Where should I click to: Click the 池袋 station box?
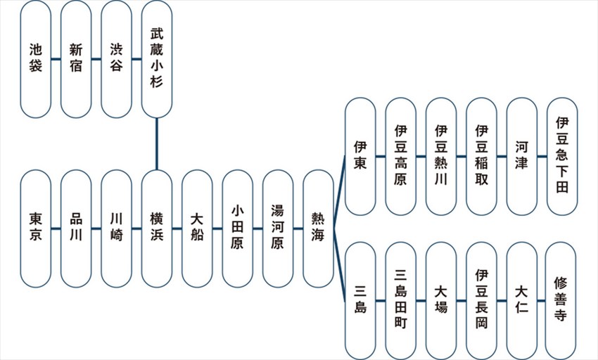tap(36, 59)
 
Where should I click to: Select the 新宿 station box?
tap(76, 59)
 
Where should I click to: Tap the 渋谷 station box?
tap(116, 59)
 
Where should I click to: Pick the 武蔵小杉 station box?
tap(156, 59)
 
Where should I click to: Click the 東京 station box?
tap(36, 228)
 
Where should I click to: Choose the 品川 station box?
tap(76, 228)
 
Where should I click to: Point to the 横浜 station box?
tap(156, 228)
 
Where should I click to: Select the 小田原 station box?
tap(237, 228)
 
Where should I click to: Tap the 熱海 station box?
tap(318, 228)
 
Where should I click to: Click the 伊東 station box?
tap(361, 156)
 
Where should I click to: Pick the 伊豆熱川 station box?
tap(441, 156)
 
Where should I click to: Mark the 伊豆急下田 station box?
tap(562, 156)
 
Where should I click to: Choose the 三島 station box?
tap(361, 300)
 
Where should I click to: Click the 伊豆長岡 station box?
tap(481, 300)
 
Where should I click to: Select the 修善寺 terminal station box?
tap(561, 300)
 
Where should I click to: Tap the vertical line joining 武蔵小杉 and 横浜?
tap(156, 143)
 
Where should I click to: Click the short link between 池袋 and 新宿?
tap(56, 59)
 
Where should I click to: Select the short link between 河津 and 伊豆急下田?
tap(542, 156)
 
